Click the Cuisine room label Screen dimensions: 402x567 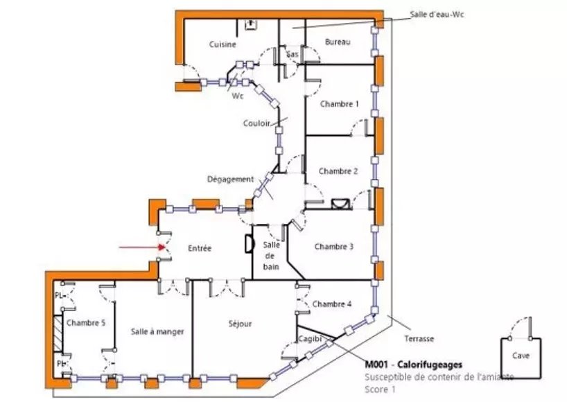click(223, 44)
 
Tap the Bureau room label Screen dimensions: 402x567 click(338, 42)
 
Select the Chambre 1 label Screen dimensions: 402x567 click(339, 104)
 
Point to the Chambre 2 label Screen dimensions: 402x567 click(338, 171)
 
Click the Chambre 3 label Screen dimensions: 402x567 click(333, 247)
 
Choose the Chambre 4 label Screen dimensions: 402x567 click(332, 304)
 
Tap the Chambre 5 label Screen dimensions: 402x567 click(85, 322)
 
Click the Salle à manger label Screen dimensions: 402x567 click(157, 332)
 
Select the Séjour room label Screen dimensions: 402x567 click(240, 324)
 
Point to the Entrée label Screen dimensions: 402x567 click(199, 248)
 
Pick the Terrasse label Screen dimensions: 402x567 click(419, 339)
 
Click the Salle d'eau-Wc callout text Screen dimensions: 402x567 click(436, 14)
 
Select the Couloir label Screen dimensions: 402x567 click(256, 124)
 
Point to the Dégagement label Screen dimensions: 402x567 click(230, 179)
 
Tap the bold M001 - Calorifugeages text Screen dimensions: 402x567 click(413, 365)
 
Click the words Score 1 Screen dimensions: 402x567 click(381, 390)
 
